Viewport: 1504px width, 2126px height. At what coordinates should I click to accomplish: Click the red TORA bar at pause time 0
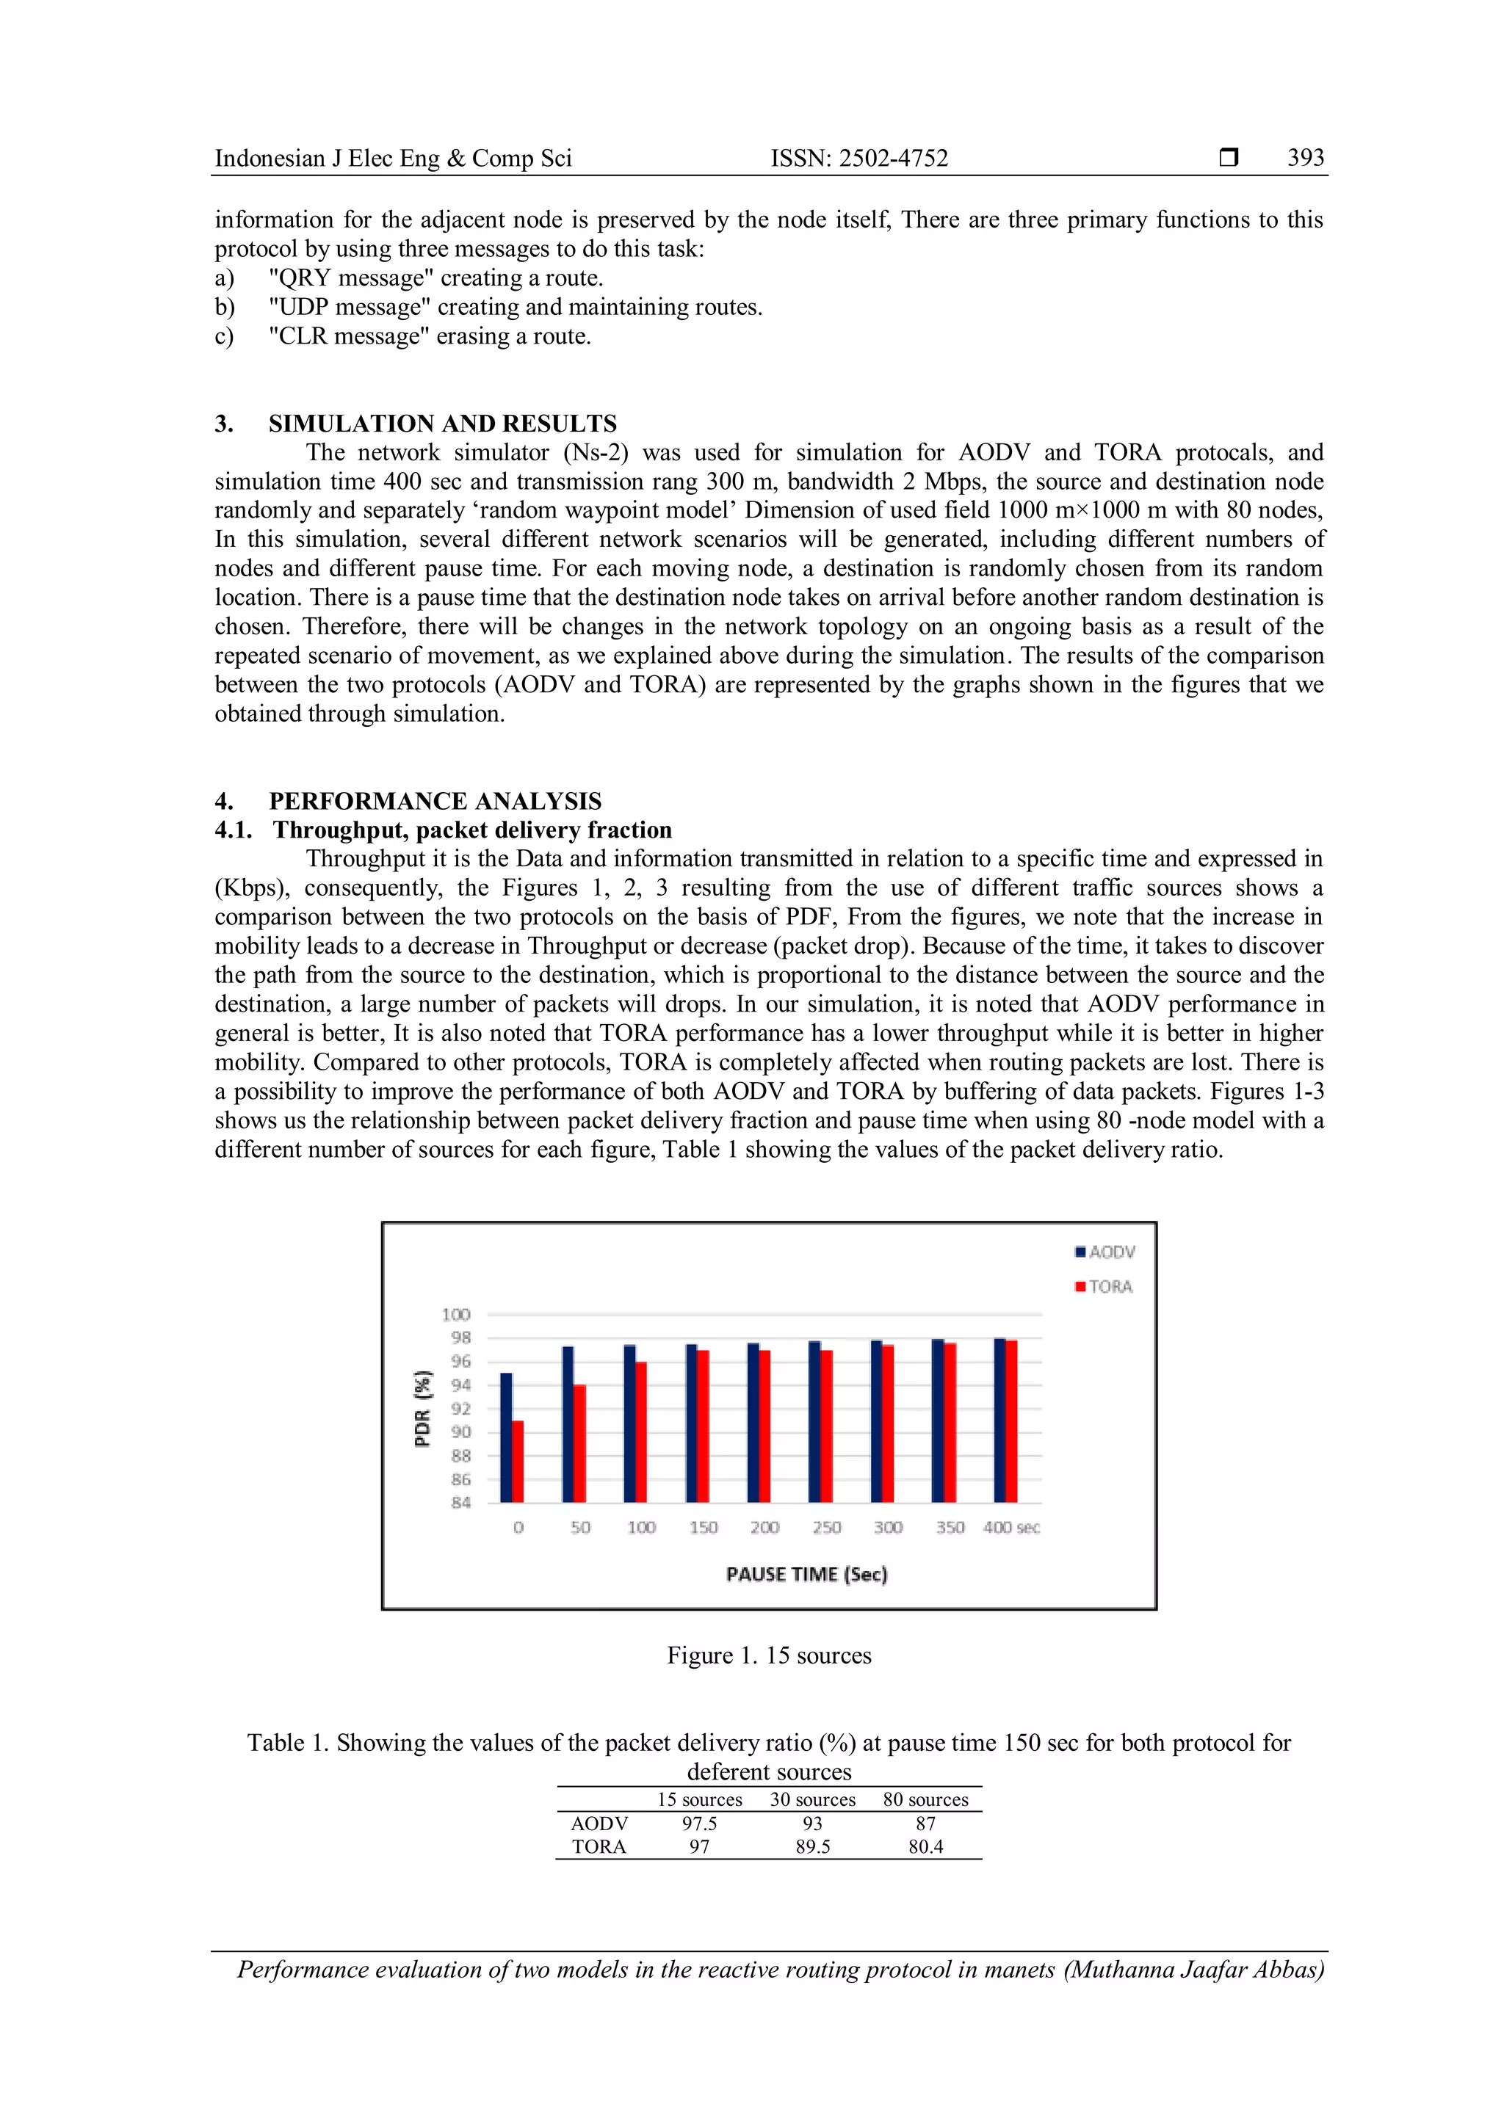(x=518, y=1461)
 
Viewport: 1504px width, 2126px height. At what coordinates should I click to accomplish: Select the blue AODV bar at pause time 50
(x=568, y=1424)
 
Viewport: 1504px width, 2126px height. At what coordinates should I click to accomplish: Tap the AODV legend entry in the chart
(x=1106, y=1252)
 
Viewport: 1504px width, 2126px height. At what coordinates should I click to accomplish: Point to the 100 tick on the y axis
(x=455, y=1314)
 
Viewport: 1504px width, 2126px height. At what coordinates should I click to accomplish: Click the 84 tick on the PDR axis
(x=460, y=1502)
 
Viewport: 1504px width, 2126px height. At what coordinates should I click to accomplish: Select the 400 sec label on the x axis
(x=1011, y=1527)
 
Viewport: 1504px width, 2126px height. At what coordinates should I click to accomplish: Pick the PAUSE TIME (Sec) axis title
(x=806, y=1574)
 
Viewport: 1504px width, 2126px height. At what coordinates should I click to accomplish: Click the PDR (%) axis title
(x=422, y=1407)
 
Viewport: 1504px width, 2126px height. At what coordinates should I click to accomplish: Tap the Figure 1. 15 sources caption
(x=769, y=1655)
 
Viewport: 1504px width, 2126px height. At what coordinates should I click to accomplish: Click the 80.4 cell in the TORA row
(x=925, y=1846)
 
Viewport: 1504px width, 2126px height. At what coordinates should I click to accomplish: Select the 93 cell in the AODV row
(x=812, y=1824)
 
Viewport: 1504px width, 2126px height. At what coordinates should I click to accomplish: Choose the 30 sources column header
(x=812, y=1799)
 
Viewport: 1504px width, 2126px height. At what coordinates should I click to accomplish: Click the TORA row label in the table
(x=599, y=1846)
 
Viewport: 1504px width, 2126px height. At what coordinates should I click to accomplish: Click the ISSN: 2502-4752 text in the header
(x=859, y=159)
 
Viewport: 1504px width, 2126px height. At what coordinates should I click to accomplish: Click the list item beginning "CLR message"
(x=430, y=336)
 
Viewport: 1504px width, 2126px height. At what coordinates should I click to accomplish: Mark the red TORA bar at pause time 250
(x=826, y=1426)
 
